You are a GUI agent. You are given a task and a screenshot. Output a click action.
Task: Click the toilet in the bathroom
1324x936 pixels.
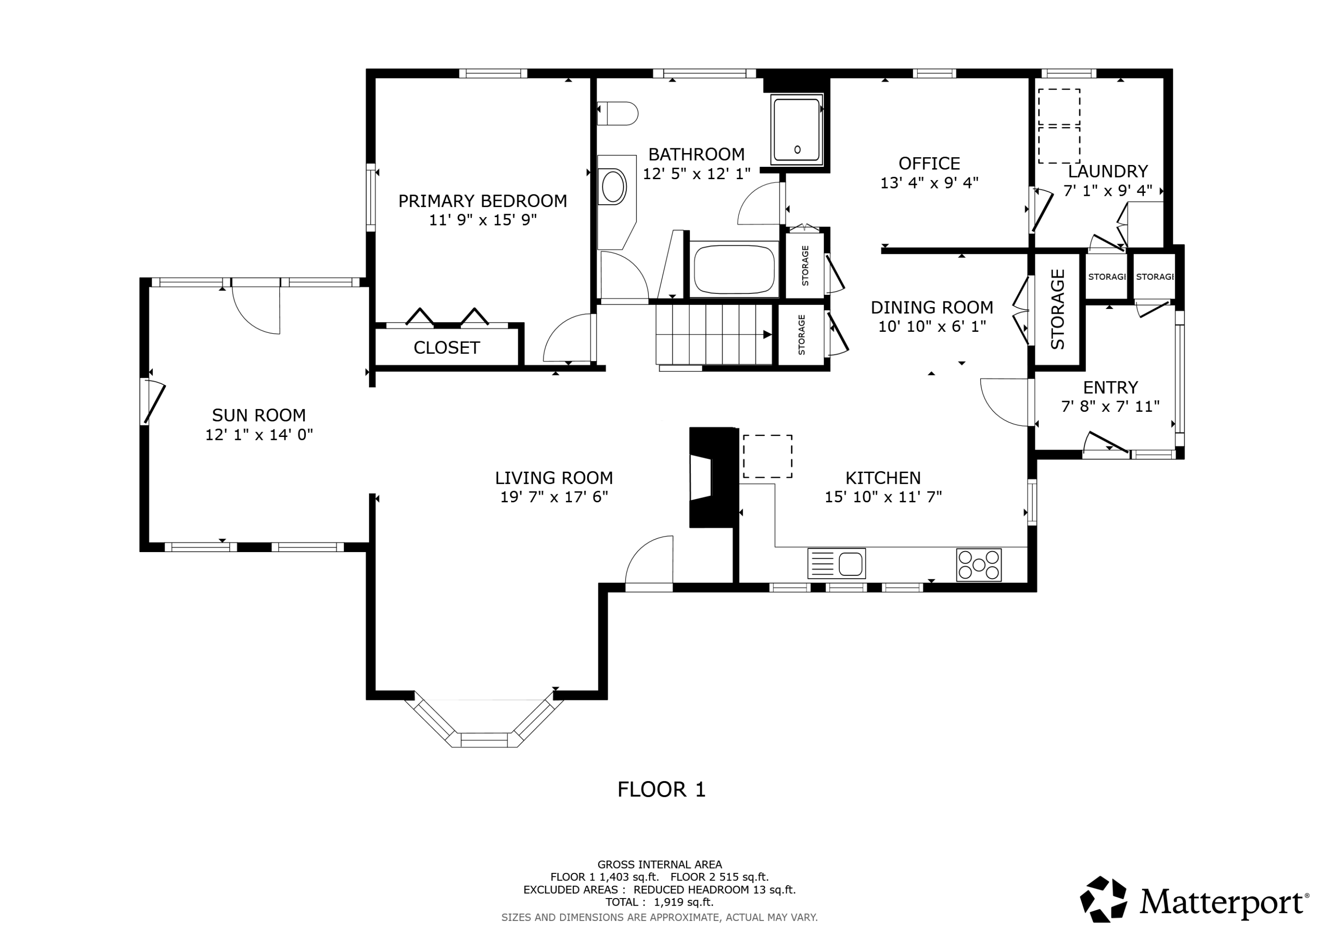click(x=617, y=113)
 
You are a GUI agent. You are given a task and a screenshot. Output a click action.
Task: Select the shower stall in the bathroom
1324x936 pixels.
click(x=797, y=129)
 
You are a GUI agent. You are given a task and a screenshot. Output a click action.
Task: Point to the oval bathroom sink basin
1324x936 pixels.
click(x=613, y=186)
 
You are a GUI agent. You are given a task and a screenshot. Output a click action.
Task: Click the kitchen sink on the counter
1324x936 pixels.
click(x=836, y=564)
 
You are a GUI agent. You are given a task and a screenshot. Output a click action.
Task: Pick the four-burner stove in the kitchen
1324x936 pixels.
click(x=978, y=564)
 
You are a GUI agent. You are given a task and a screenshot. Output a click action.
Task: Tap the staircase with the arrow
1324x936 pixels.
click(x=714, y=335)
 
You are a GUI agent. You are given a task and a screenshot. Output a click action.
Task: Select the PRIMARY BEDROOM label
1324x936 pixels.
click(x=483, y=201)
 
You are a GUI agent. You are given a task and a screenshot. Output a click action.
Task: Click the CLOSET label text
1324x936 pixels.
click(x=446, y=348)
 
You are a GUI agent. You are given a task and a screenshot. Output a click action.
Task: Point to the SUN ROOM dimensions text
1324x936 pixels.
click(x=259, y=434)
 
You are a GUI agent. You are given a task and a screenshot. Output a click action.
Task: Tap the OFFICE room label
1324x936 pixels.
click(x=929, y=163)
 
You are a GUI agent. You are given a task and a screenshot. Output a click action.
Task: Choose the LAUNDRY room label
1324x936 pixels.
click(x=1108, y=171)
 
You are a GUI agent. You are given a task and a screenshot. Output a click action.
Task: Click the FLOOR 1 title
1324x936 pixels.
click(x=662, y=789)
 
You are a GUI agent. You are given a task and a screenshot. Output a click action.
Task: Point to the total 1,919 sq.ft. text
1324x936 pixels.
click(x=659, y=902)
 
